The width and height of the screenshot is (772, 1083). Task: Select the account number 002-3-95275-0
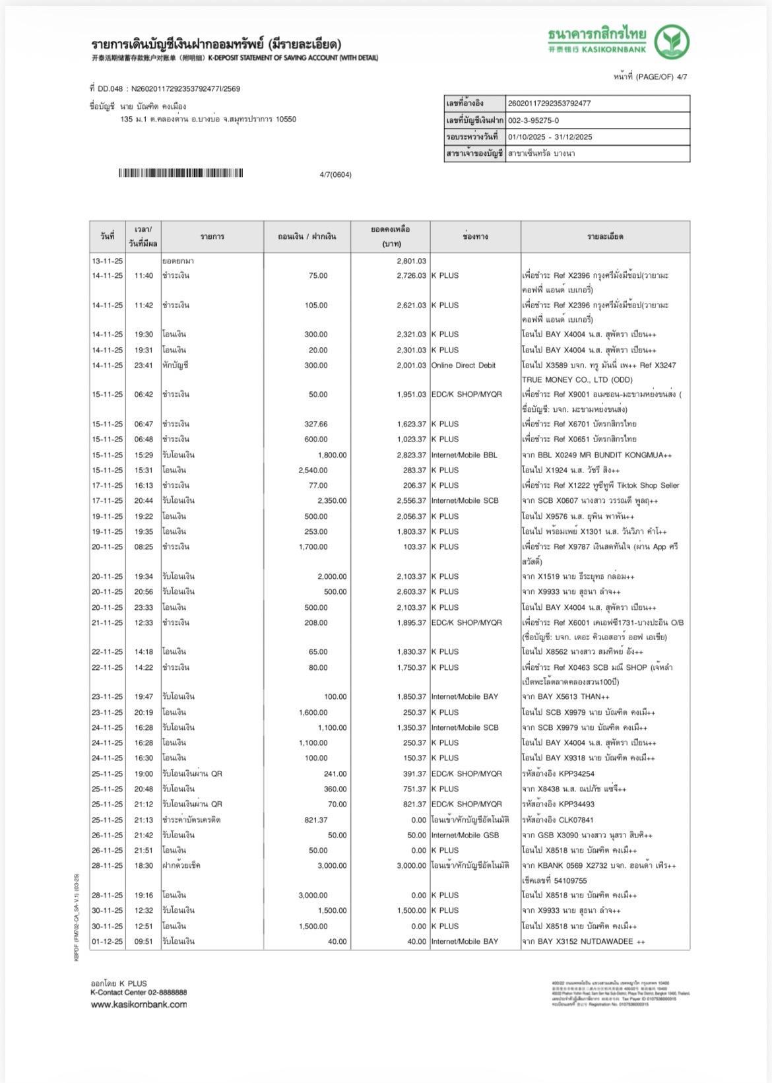tap(533, 120)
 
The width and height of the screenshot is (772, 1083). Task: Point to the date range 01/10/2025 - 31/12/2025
tap(550, 137)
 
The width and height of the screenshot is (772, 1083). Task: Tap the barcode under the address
tap(181, 174)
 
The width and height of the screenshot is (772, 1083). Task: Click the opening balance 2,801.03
tap(411, 261)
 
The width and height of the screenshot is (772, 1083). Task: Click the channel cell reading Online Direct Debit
tap(463, 366)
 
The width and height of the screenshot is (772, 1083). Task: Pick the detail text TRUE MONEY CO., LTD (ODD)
tap(577, 380)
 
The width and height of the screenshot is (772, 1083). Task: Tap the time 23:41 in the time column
tap(143, 366)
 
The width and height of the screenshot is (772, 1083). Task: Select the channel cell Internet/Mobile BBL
tap(464, 455)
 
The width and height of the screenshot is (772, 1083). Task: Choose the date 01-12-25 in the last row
tap(108, 942)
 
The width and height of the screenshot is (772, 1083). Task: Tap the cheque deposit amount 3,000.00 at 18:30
tap(331, 866)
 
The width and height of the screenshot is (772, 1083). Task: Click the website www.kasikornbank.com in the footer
tap(139, 1004)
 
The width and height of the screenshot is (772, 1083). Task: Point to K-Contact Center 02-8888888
tap(139, 993)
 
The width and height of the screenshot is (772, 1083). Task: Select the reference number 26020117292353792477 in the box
tap(549, 104)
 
